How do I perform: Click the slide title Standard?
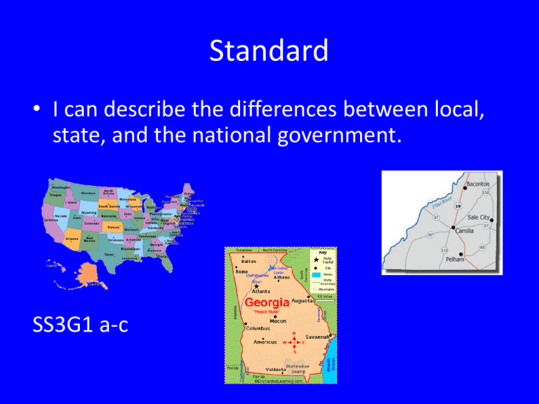(x=269, y=50)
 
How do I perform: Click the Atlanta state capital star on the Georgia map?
(x=258, y=286)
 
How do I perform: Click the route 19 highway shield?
(x=457, y=208)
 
